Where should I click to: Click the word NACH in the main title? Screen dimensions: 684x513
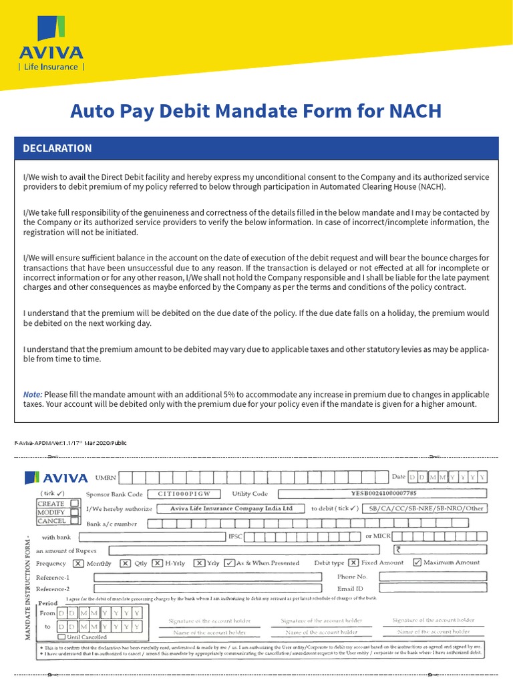pos(412,111)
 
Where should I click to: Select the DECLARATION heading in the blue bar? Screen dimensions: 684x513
pos(57,148)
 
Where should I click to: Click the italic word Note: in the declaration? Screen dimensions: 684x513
pos(33,394)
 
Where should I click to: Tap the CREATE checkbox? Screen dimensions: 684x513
pos(75,503)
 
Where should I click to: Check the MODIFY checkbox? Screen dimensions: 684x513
pos(75,512)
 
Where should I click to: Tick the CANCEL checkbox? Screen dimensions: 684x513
pos(75,521)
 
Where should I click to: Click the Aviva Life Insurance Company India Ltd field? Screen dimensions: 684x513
pos(231,508)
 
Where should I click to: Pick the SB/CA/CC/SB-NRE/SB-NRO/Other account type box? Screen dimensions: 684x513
pos(425,508)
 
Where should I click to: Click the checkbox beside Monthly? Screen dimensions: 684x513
pos(78,563)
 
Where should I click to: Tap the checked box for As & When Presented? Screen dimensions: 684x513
pos(229,563)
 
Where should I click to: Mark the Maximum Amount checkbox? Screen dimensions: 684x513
pos(417,562)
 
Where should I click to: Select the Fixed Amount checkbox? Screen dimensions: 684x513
pos(353,562)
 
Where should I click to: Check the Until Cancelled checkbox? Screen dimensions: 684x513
pos(61,637)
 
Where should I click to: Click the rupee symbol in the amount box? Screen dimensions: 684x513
pos(399,550)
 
